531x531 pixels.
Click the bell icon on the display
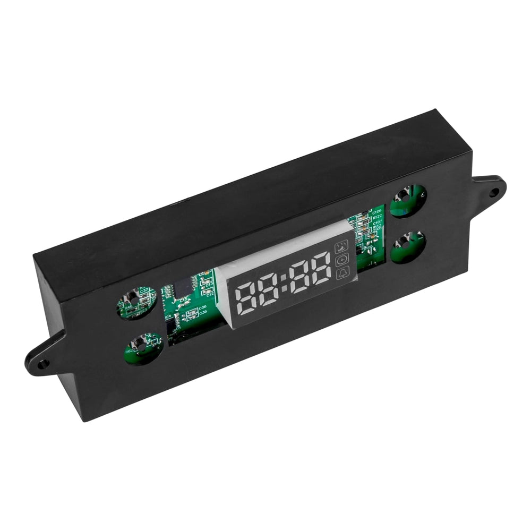tap(341, 273)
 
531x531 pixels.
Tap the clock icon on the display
tap(341, 260)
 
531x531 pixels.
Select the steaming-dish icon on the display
tap(341, 246)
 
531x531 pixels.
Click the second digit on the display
tap(270, 291)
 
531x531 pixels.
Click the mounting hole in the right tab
tap(493, 191)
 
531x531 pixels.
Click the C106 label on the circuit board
tap(377, 211)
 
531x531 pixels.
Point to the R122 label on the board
tap(378, 217)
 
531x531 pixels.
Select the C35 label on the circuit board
tap(203, 313)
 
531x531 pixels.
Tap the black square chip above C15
tap(183, 287)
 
